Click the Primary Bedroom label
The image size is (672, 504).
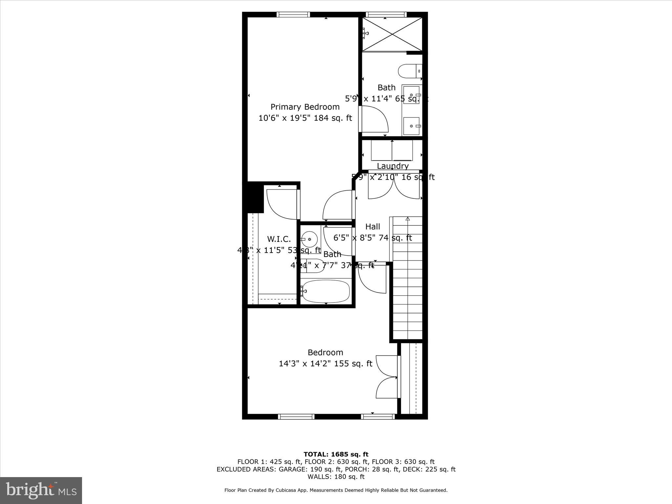pos(305,107)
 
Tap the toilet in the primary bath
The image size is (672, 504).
pos(409,71)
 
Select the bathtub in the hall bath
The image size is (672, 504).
pos(325,291)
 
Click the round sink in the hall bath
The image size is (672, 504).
pos(309,239)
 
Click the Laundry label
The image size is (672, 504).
pos(392,166)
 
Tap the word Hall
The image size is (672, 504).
pos(372,227)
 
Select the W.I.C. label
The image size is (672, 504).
pos(279,239)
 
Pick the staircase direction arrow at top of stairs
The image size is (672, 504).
pos(408,219)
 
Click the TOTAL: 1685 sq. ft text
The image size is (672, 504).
pos(336,454)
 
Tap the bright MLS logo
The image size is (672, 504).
pos(41,490)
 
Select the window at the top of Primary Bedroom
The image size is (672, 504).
pos(293,14)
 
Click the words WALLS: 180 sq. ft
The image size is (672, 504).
pos(336,477)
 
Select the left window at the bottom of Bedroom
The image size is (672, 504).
pos(296,417)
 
